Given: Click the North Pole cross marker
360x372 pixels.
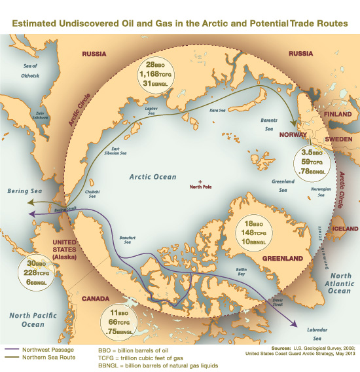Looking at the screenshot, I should pos(200,180).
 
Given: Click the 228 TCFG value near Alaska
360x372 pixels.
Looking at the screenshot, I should pos(30,273).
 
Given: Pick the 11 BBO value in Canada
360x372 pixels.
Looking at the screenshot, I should pos(119,313).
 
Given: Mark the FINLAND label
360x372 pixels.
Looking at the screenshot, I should pos(338,113).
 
